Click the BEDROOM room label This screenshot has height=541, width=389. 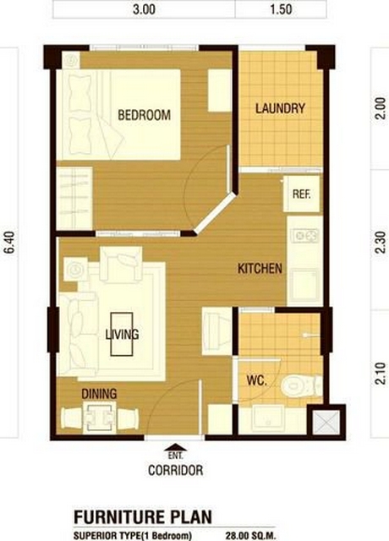tap(145, 115)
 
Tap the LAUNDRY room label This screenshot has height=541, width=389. tap(280, 108)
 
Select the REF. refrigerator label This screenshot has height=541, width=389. tap(301, 194)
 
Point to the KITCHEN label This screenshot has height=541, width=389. tap(260, 269)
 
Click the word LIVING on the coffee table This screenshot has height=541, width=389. tap(122, 334)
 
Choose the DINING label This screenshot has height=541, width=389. tap(99, 394)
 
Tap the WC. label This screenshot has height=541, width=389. tap(257, 381)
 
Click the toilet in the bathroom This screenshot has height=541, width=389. tap(301, 385)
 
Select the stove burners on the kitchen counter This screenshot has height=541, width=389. tap(304, 236)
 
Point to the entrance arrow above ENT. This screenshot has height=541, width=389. tap(175, 447)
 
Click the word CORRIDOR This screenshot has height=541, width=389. tap(175, 470)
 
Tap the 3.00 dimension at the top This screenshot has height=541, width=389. tap(144, 9)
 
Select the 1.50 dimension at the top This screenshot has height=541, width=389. tap(281, 9)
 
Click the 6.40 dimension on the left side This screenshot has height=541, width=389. tap(11, 243)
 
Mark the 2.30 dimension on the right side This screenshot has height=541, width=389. tap(380, 243)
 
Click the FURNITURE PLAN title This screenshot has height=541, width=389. tap(143, 517)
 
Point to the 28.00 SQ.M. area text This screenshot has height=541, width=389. tap(250, 536)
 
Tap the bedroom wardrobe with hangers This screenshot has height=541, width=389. tap(74, 198)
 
